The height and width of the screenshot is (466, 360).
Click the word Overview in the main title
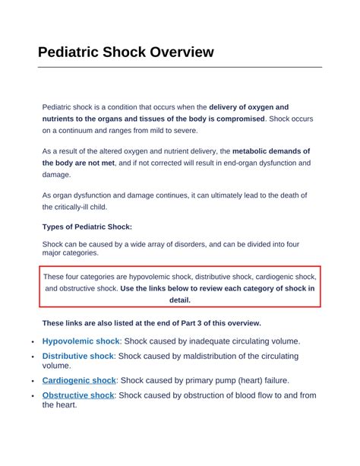point(182,52)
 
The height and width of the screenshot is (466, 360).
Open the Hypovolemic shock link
point(81,341)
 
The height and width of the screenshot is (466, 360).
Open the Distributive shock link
point(77,356)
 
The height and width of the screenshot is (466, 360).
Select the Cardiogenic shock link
point(78,380)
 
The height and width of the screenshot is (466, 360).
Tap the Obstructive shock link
point(77,395)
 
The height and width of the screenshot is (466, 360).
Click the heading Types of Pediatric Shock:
point(87,227)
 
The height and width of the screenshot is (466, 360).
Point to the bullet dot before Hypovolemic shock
point(33,343)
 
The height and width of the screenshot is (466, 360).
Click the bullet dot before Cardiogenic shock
point(33,381)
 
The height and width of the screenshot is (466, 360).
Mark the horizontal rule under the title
point(180,67)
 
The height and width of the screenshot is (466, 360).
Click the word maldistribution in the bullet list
point(192,356)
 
